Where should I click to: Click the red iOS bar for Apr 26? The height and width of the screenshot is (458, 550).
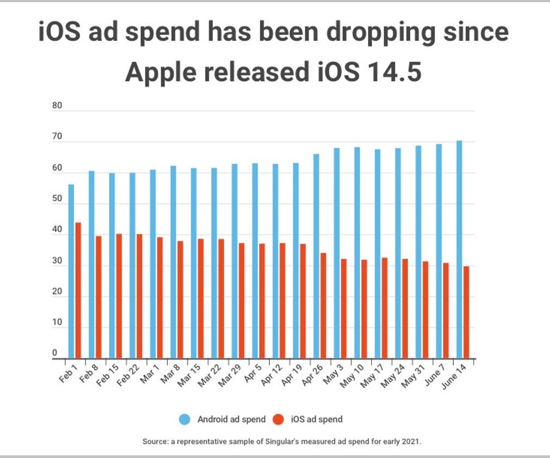[323, 305]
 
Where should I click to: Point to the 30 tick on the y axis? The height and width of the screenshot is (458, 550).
[57, 261]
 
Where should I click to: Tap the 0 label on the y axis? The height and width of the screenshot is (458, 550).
[55, 353]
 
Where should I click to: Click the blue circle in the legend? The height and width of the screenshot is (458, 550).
[185, 419]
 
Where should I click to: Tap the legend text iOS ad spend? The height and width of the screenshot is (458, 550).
[316, 419]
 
